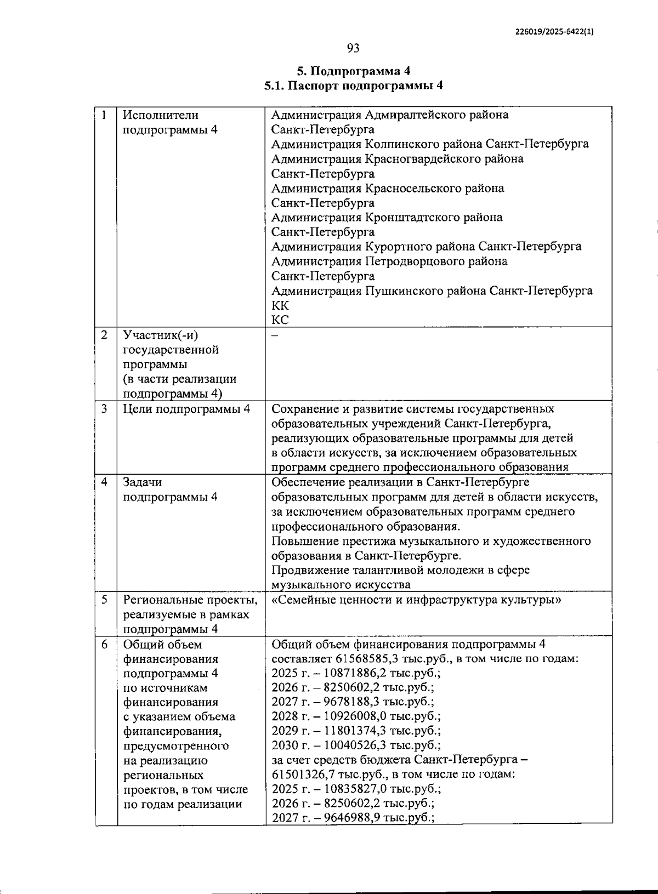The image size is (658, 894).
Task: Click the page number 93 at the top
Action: (353, 49)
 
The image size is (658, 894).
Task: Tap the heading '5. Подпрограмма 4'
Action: (353, 71)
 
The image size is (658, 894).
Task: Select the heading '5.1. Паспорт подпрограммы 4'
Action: (353, 86)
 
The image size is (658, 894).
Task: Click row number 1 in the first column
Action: (104, 115)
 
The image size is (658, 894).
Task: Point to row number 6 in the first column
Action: (104, 645)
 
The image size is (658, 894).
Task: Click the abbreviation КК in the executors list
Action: (280, 305)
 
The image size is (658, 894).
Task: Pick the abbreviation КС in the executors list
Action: (280, 320)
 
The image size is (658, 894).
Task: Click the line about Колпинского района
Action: (430, 144)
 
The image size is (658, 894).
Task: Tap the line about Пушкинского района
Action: (432, 291)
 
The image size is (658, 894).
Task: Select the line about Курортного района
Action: (426, 247)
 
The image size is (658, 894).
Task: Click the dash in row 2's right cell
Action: (275, 335)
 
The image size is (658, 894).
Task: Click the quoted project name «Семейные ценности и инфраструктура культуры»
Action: (416, 600)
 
